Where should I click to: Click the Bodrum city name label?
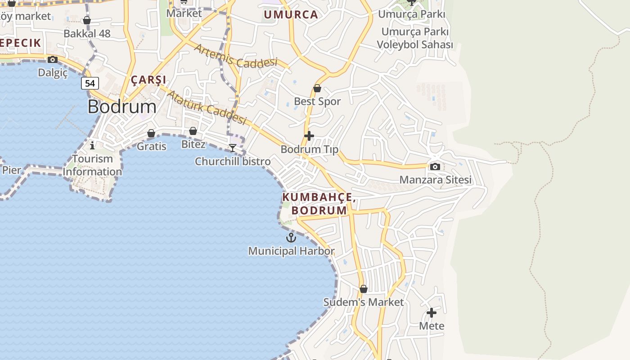(122, 107)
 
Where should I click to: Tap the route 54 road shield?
(90, 83)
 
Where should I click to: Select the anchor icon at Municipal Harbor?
(292, 237)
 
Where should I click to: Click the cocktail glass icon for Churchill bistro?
(233, 148)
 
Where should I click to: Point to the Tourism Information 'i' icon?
(92, 145)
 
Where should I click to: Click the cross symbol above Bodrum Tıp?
(309, 135)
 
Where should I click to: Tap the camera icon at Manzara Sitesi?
(435, 166)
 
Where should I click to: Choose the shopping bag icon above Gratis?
(151, 133)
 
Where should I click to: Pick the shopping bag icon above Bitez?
(193, 131)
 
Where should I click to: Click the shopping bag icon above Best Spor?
(317, 88)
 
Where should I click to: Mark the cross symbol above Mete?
(432, 312)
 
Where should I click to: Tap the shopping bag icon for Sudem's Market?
(364, 289)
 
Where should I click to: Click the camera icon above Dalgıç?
(53, 59)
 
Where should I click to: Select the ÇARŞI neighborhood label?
(148, 80)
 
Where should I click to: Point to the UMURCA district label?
(291, 14)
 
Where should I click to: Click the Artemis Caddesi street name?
(235, 56)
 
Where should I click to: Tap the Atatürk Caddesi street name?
(207, 107)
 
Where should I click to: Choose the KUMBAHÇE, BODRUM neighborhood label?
(319, 204)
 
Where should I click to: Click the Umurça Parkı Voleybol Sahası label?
(415, 38)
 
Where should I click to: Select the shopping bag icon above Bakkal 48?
(87, 20)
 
